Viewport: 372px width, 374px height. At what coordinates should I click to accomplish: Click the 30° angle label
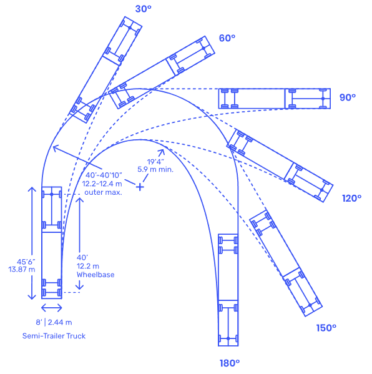(143, 9)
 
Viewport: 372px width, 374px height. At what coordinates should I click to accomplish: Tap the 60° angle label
(227, 38)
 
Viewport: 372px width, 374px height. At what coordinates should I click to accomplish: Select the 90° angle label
(348, 97)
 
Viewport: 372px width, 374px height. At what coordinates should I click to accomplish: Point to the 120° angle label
(352, 198)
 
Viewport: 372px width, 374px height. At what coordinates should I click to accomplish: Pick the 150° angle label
(326, 328)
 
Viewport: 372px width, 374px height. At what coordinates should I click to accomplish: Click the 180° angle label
(230, 363)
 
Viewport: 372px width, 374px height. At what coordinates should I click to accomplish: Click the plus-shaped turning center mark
(140, 187)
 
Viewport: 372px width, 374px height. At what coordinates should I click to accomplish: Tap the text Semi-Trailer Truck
(54, 336)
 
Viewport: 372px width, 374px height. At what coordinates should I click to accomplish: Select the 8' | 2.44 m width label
(54, 322)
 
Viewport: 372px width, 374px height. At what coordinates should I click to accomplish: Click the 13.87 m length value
(22, 270)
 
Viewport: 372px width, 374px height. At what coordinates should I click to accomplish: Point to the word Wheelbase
(95, 275)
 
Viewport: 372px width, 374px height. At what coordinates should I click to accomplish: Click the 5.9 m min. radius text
(155, 169)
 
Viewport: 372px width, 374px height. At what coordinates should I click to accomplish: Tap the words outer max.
(103, 192)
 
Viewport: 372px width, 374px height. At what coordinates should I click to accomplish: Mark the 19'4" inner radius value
(155, 162)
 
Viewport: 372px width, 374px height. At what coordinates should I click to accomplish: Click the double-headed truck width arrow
(52, 308)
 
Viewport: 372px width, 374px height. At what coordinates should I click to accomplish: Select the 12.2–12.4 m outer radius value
(102, 184)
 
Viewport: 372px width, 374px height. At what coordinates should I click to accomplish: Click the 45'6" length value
(26, 262)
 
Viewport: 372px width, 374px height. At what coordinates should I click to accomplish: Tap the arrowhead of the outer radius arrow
(55, 148)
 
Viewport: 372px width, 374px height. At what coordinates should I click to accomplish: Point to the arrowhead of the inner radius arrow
(162, 152)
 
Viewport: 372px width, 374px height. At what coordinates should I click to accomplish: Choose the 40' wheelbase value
(82, 258)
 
